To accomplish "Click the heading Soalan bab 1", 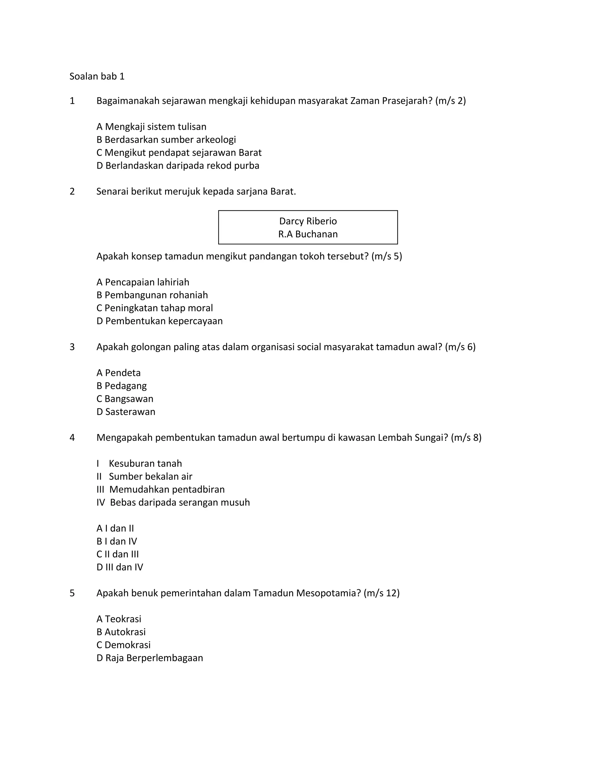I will tap(97, 76).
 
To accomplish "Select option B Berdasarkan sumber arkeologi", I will tap(166, 140).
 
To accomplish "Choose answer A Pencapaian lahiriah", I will tap(143, 282).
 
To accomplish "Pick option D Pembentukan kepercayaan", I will tap(159, 321).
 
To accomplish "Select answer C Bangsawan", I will tap(125, 399).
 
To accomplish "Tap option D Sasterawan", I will tap(126, 412).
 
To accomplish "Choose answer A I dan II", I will tap(115, 528).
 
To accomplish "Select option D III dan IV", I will tap(120, 567).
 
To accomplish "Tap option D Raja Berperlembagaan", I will tap(149, 658).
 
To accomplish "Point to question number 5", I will tap(72, 593).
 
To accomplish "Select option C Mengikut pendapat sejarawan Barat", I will tap(179, 153).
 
